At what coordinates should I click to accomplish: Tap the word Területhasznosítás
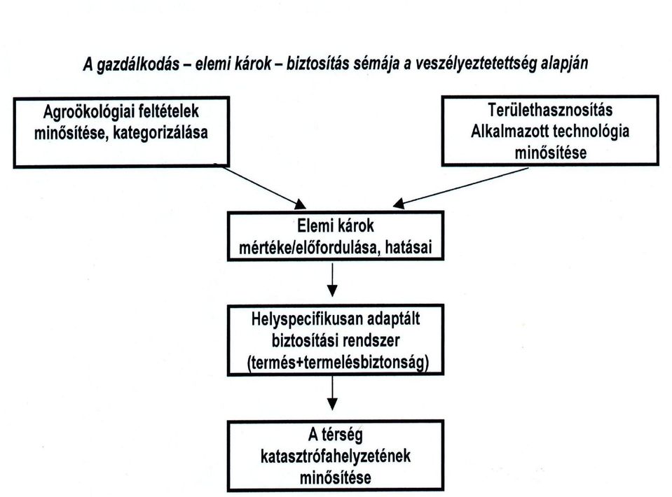click(x=550, y=111)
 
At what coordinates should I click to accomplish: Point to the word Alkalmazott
click(x=508, y=131)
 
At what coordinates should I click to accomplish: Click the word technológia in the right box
click(x=590, y=132)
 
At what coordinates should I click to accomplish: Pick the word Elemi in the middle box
click(x=314, y=225)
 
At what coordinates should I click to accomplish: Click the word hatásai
click(x=409, y=248)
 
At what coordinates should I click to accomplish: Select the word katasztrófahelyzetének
click(x=336, y=456)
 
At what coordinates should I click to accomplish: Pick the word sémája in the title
click(x=376, y=64)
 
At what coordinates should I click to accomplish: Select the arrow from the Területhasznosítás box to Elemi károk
click(x=460, y=188)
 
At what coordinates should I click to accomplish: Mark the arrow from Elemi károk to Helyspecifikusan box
click(x=332, y=279)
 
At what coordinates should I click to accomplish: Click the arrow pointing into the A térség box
click(x=332, y=393)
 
